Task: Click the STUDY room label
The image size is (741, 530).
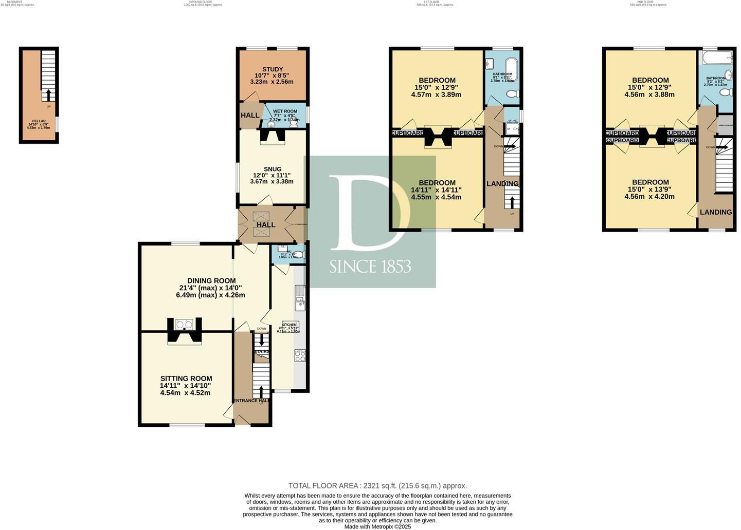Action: tap(272, 70)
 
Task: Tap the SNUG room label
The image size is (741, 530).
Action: tap(273, 169)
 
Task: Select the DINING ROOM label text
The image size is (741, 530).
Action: tap(211, 281)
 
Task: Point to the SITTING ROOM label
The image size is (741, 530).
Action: tap(185, 379)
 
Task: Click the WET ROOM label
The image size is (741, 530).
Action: tap(285, 111)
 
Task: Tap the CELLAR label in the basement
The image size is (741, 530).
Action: tap(39, 121)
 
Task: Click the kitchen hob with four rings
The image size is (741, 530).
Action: tap(300, 355)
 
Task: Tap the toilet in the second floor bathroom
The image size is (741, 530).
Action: tap(726, 92)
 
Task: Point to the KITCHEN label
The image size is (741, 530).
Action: tap(288, 325)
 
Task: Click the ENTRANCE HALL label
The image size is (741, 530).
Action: tap(251, 401)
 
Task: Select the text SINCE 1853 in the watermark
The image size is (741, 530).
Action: tap(370, 267)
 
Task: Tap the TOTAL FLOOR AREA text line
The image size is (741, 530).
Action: tap(377, 486)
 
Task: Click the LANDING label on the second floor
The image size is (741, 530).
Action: tap(715, 212)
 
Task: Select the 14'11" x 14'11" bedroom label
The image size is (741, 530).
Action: tap(437, 183)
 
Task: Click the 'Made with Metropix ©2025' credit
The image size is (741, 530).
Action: tap(377, 526)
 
